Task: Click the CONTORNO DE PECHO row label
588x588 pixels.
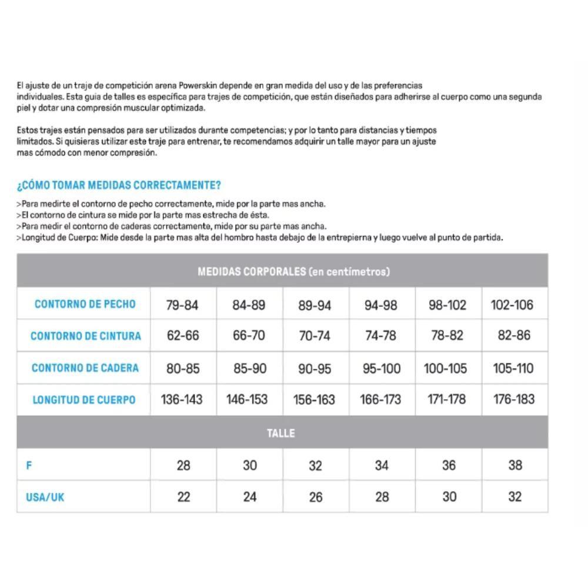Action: [x=85, y=304]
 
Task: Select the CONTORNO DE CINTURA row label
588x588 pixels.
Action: [x=86, y=336]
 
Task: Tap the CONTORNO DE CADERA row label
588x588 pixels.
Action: [x=85, y=368]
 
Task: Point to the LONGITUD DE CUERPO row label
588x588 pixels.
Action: [x=83, y=400]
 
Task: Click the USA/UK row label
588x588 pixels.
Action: [x=45, y=497]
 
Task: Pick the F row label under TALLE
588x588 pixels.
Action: [x=29, y=466]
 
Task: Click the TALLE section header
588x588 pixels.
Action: [x=281, y=433]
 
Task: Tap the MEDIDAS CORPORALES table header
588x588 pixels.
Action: [x=293, y=272]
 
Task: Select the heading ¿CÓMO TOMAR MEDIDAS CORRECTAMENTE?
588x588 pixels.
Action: [x=119, y=185]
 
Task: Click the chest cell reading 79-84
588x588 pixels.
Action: [x=183, y=305]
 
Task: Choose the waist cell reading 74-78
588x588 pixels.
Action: [x=381, y=336]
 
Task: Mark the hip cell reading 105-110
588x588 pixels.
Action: [x=513, y=369]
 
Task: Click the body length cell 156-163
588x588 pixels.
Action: [x=314, y=400]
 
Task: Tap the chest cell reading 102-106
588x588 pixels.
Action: [x=512, y=305]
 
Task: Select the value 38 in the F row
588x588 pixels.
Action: [x=515, y=466]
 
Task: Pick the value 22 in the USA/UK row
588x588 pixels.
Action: [x=183, y=497]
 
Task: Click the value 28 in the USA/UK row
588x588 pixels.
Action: [x=382, y=497]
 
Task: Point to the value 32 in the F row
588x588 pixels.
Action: [x=315, y=466]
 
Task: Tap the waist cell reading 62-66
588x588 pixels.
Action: [x=183, y=336]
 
